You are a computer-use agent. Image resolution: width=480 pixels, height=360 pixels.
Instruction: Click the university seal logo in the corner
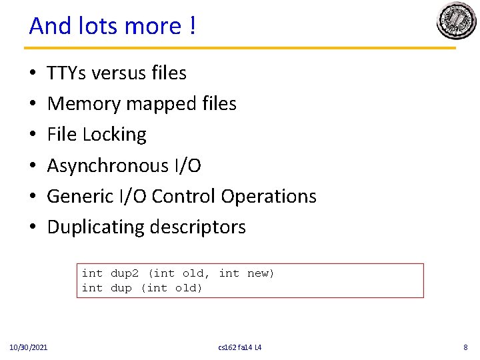(x=456, y=21)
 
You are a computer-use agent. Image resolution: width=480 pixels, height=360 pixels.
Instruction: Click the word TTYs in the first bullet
(x=67, y=73)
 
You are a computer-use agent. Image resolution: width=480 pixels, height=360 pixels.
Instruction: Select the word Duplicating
(x=96, y=227)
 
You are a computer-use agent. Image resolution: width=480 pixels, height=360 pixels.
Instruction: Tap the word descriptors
(x=198, y=227)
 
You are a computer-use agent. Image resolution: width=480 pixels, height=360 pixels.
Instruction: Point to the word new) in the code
(x=261, y=273)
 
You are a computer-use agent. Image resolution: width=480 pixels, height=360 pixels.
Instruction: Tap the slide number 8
(x=465, y=347)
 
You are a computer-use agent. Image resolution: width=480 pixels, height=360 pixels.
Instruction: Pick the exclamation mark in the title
(x=192, y=26)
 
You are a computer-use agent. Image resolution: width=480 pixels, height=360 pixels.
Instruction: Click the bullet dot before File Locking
(x=33, y=135)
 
